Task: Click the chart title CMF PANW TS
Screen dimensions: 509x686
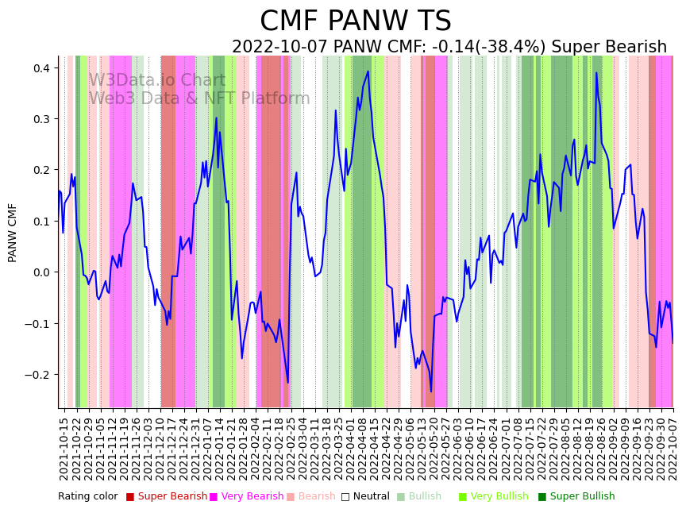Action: (355, 21)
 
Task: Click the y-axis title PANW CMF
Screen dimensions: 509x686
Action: (13, 233)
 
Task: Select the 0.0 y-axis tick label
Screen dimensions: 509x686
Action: (40, 272)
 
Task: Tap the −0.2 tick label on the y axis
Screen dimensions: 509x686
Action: (38, 375)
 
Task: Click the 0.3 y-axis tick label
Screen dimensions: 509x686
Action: (40, 119)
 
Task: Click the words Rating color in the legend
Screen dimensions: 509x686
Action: (87, 496)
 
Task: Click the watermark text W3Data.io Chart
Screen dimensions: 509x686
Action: (157, 80)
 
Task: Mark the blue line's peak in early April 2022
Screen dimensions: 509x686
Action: (368, 71)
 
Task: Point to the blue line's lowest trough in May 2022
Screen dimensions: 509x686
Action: (431, 391)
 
